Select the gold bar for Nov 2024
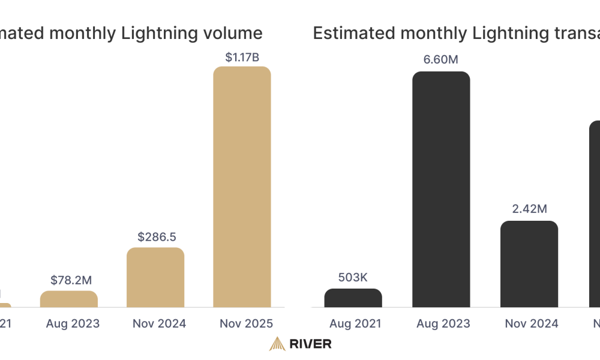pos(155,277)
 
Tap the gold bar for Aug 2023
pos(69,299)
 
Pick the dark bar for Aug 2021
pos(353,298)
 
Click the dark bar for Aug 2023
pos(441,190)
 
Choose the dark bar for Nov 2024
pos(529,264)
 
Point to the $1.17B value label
pos(242,58)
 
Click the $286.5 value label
pos(155,237)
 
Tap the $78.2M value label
pos(69,280)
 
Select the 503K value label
pos(353,278)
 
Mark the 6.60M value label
pos(441,60)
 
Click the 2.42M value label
pos(529,209)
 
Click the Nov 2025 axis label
pos(243,324)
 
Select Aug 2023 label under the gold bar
pos(73,324)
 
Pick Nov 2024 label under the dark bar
pos(531,324)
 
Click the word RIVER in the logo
pos(310,344)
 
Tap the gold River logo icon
pos(277,343)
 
